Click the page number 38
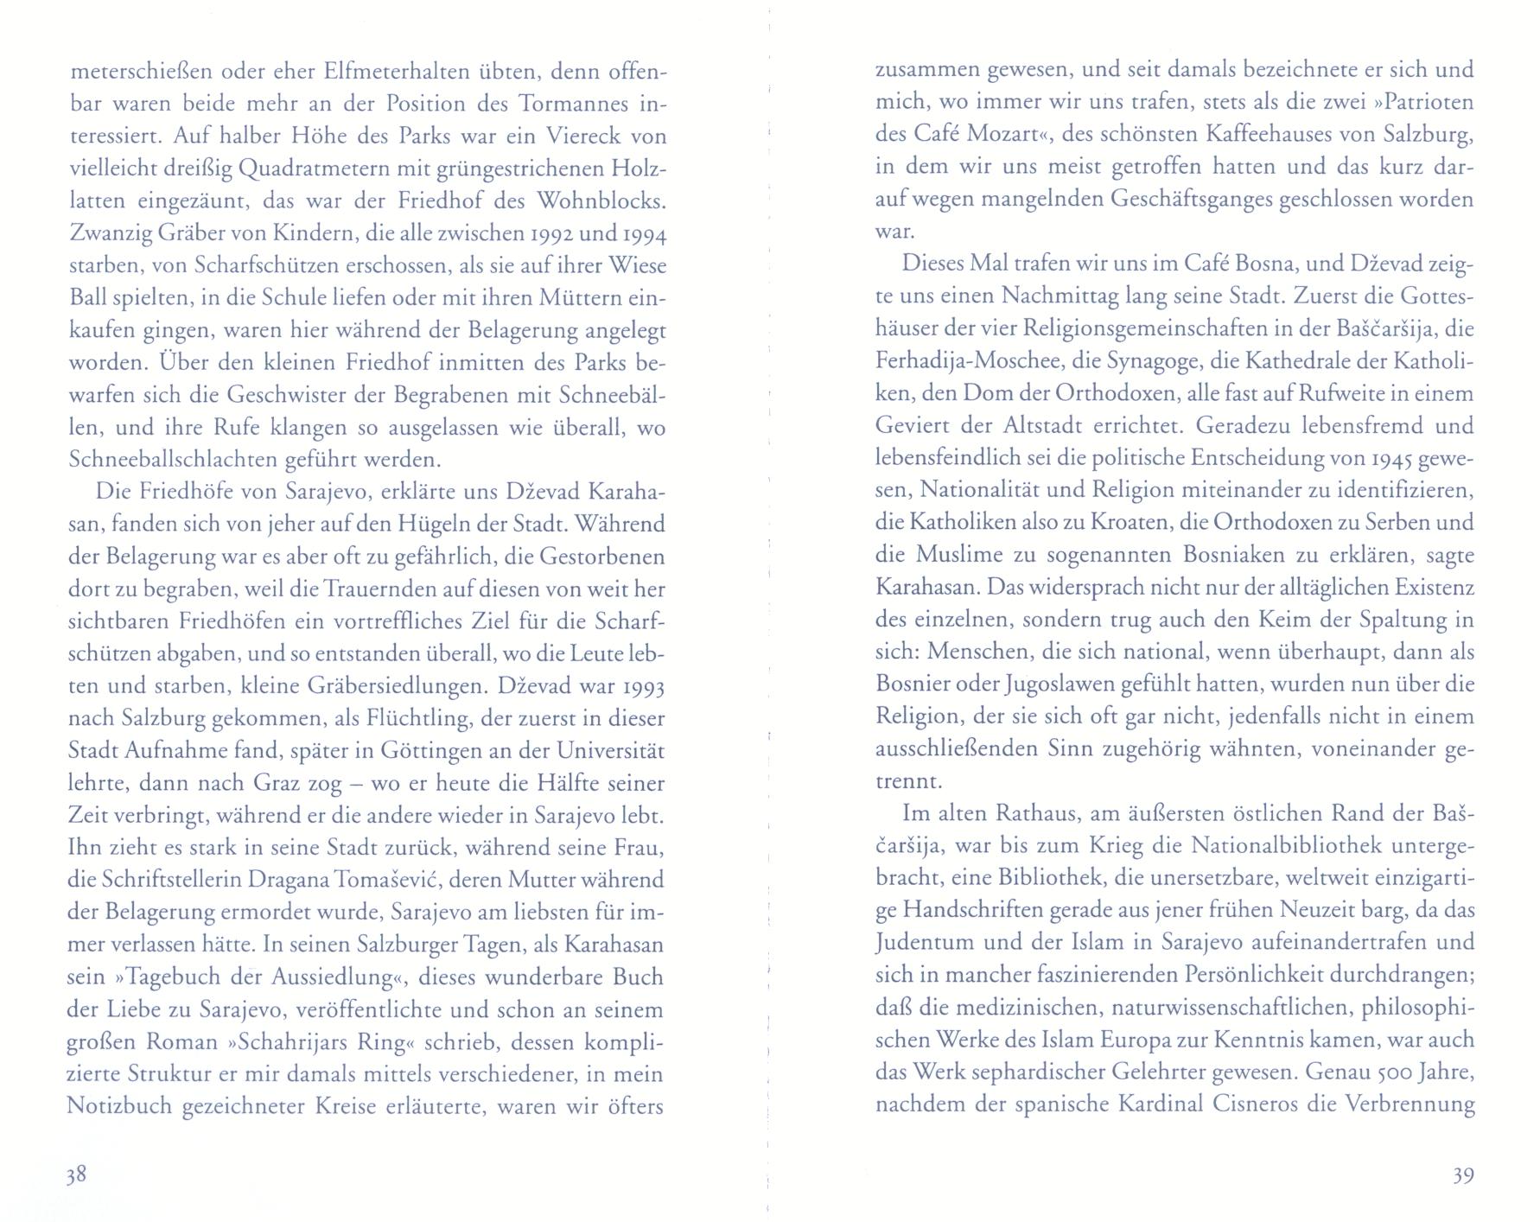[x=76, y=1175]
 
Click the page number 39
[x=1462, y=1175]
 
